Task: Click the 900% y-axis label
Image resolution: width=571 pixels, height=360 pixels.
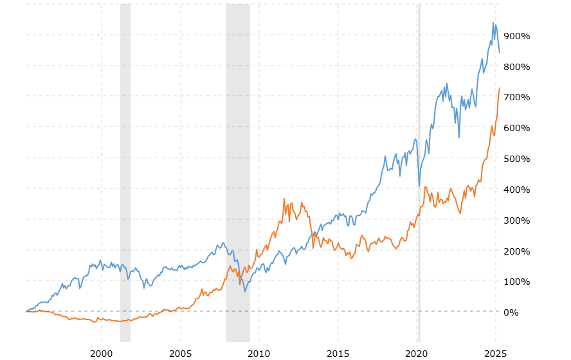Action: tap(517, 36)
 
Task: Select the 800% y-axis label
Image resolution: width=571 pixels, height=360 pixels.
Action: tap(517, 67)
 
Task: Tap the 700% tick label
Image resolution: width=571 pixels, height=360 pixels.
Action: tap(517, 97)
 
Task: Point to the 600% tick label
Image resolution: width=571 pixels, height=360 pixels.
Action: tap(517, 128)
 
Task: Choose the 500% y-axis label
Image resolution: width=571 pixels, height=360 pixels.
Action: tap(517, 159)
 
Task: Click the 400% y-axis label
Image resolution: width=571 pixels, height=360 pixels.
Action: tap(517, 190)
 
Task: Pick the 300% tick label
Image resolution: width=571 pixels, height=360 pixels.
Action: tap(517, 221)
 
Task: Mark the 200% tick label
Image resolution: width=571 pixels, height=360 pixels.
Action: tap(517, 251)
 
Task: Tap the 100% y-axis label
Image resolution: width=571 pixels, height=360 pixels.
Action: tap(517, 282)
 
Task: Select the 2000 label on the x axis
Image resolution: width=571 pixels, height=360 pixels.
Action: tap(101, 354)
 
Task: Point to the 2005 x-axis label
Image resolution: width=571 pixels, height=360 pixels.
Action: tap(180, 354)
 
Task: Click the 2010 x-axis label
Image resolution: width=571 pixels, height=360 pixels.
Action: tap(259, 354)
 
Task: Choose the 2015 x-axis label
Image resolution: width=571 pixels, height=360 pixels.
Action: tap(338, 354)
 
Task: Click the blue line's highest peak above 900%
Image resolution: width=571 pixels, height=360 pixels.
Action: tap(493, 22)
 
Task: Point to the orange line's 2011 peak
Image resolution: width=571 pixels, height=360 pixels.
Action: tap(284, 199)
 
